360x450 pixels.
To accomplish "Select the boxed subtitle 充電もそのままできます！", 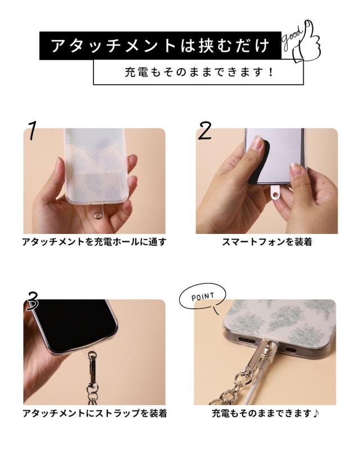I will point(198,73).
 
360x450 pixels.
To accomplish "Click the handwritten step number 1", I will point(33,130).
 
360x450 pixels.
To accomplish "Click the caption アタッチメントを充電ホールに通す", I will point(94,242).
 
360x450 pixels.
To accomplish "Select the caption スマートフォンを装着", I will point(267,242).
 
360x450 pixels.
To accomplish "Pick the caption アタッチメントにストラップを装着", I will point(94,414).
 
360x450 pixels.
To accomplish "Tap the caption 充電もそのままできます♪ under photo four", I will point(265,414).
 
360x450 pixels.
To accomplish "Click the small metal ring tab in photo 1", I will point(98,214).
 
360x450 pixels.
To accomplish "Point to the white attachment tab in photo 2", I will point(275,195).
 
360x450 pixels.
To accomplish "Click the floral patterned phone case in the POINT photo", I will point(270,318).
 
